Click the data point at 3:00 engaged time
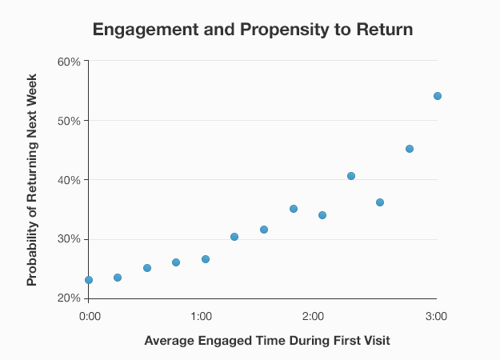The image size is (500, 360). (438, 96)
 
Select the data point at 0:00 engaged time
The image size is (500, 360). (89, 280)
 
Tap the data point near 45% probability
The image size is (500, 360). (410, 149)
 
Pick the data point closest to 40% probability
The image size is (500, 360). (351, 176)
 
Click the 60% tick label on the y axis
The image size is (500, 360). (69, 62)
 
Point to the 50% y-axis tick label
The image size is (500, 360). (69, 121)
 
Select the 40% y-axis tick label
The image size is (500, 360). (69, 180)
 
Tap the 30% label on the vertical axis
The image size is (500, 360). (69, 239)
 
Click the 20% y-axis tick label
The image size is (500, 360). (69, 298)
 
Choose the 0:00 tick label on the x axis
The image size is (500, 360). (90, 315)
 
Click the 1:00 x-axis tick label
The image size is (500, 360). (201, 315)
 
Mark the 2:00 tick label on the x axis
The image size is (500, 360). (313, 315)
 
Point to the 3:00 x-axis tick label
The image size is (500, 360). (436, 315)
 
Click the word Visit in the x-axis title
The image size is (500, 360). (374, 341)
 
